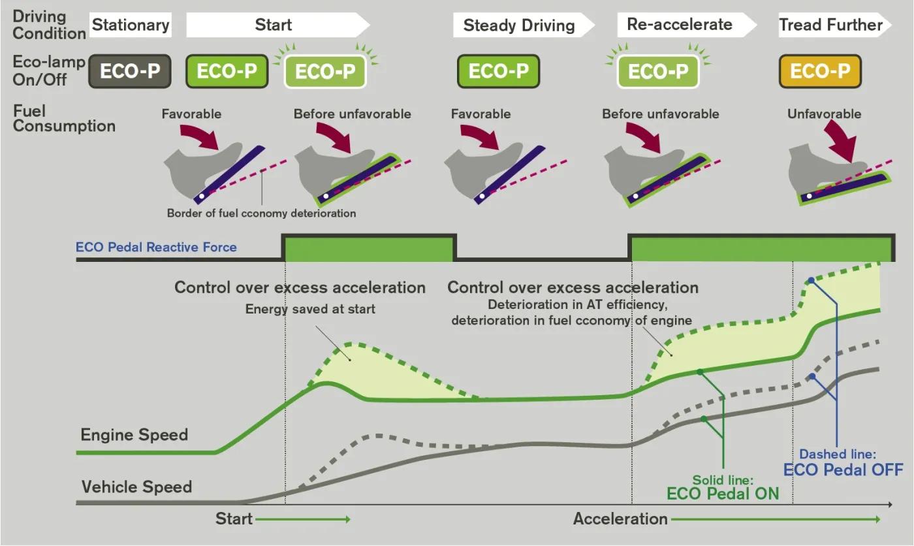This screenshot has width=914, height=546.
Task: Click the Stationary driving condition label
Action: click(x=131, y=25)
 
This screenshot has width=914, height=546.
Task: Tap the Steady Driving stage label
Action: click(x=519, y=25)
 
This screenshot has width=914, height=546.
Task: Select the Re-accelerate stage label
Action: click(x=680, y=24)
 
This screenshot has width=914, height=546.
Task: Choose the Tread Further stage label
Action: click(x=830, y=25)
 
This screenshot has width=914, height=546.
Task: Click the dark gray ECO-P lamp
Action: click(x=130, y=71)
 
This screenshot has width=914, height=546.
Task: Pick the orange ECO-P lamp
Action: click(x=820, y=71)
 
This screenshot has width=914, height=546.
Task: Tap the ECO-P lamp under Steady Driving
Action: click(x=499, y=71)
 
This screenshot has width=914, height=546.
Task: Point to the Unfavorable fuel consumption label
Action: click(x=824, y=114)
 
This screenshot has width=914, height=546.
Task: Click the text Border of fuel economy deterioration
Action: click(x=262, y=213)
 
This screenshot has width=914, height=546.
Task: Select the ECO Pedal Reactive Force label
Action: click(x=156, y=247)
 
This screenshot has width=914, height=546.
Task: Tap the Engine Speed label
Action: click(x=134, y=434)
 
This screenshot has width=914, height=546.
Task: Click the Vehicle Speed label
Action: click(x=136, y=487)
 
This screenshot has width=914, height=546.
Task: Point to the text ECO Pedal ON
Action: click(x=723, y=494)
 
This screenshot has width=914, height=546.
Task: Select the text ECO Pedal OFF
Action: click(x=843, y=470)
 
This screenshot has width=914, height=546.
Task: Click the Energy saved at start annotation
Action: click(x=310, y=309)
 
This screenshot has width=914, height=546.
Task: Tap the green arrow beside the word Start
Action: click(x=303, y=519)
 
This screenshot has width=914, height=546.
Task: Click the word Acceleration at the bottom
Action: click(x=620, y=519)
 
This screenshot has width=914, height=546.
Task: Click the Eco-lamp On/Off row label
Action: click(x=49, y=71)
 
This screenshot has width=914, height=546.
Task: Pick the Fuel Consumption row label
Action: click(x=64, y=118)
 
